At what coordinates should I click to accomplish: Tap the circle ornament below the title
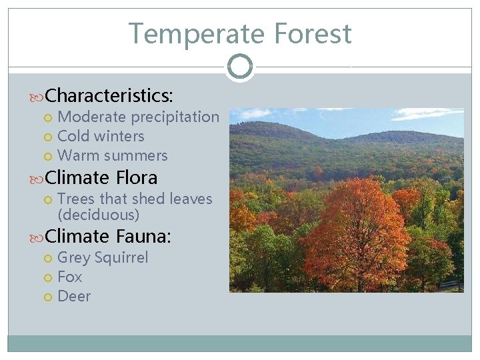point(239,67)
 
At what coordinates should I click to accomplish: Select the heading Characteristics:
point(109,95)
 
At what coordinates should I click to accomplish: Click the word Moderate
point(92,117)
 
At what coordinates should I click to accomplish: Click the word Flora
point(137,177)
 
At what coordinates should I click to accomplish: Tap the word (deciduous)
point(99,215)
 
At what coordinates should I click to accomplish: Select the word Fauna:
point(143,236)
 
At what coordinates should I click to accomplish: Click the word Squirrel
point(121,257)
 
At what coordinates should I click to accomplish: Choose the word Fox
point(70,277)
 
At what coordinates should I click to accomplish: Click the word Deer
point(74,296)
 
